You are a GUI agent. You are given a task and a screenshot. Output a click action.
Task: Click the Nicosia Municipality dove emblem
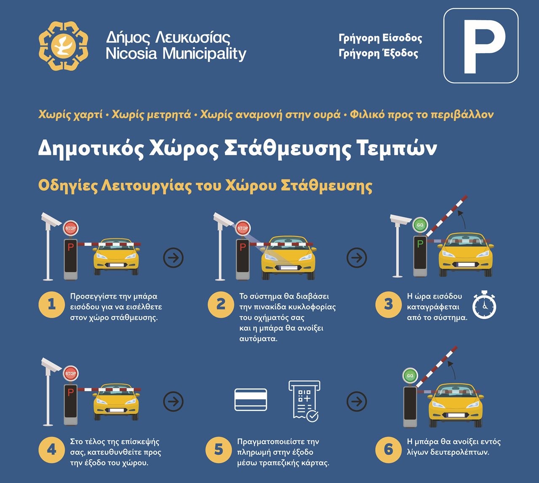coord(63,46)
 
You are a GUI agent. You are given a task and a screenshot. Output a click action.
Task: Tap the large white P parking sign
coord(481,46)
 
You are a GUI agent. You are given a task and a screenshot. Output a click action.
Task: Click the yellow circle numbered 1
coord(52,305)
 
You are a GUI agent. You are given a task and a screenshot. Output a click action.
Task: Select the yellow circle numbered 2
coord(221,305)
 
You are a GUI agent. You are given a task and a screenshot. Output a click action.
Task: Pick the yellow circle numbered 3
coord(388,305)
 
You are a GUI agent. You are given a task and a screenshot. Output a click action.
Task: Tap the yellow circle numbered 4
coord(52,450)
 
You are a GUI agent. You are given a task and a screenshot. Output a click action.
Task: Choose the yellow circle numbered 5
coord(219,450)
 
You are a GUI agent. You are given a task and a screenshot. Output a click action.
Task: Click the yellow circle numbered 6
coord(388,450)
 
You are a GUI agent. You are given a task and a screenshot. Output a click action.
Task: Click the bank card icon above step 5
coord(251,399)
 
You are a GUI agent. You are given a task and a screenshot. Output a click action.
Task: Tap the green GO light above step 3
coord(420,225)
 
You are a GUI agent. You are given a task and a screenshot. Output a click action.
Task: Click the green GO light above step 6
coord(410,375)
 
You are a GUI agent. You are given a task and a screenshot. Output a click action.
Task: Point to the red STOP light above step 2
coord(243,228)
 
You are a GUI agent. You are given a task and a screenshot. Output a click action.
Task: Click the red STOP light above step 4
coord(70,373)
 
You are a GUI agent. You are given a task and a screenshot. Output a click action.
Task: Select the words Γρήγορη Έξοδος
coord(378,53)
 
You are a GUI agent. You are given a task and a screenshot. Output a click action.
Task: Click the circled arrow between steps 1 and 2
coord(173,258)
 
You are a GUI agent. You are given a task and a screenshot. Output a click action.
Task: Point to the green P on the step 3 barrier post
coord(420,243)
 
